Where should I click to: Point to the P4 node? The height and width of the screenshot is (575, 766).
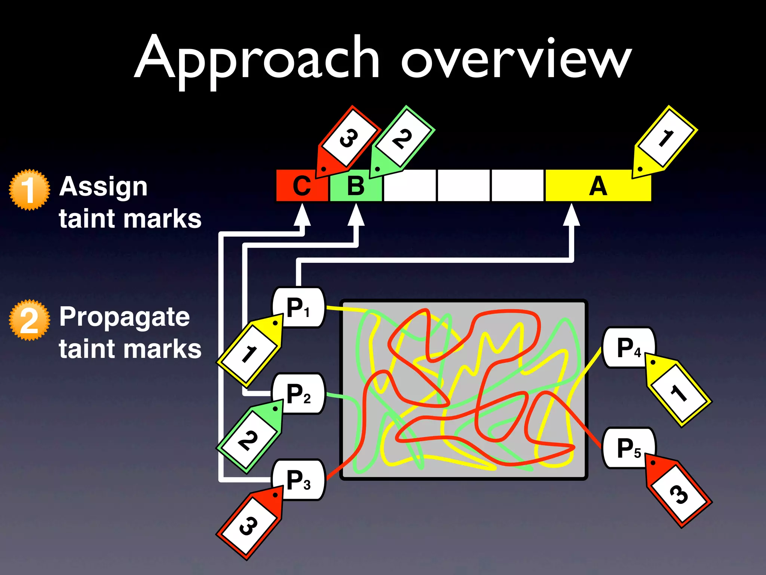point(628,347)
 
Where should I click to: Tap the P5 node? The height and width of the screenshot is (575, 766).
point(628,448)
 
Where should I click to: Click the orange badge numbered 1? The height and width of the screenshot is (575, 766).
point(29,190)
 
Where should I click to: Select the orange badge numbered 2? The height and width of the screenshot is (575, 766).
point(29,320)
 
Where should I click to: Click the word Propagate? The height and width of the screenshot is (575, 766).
point(125,317)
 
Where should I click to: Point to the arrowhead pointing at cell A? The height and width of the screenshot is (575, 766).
point(572,215)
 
